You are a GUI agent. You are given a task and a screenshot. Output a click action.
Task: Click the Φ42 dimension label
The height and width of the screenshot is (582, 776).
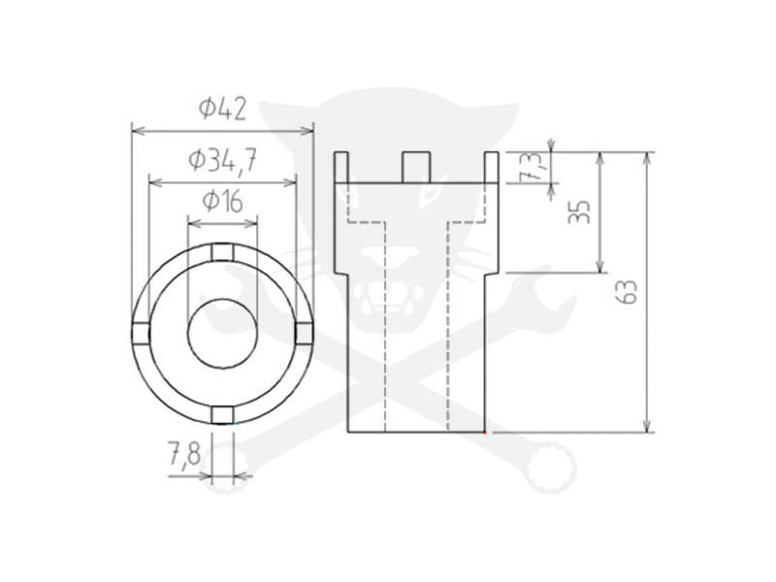point(222,109)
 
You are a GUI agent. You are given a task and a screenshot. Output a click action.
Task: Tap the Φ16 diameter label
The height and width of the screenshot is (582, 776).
point(222,202)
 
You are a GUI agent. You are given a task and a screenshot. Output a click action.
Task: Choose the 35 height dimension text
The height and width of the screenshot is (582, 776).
point(580,211)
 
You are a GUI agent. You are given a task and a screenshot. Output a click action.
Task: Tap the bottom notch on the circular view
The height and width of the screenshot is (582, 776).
point(222,416)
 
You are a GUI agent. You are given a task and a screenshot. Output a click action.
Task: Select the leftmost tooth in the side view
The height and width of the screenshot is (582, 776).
point(340,168)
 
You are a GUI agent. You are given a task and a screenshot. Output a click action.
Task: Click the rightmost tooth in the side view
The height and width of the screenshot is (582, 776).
point(492,168)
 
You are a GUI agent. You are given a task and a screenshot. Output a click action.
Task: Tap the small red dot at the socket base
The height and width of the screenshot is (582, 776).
point(485,432)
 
